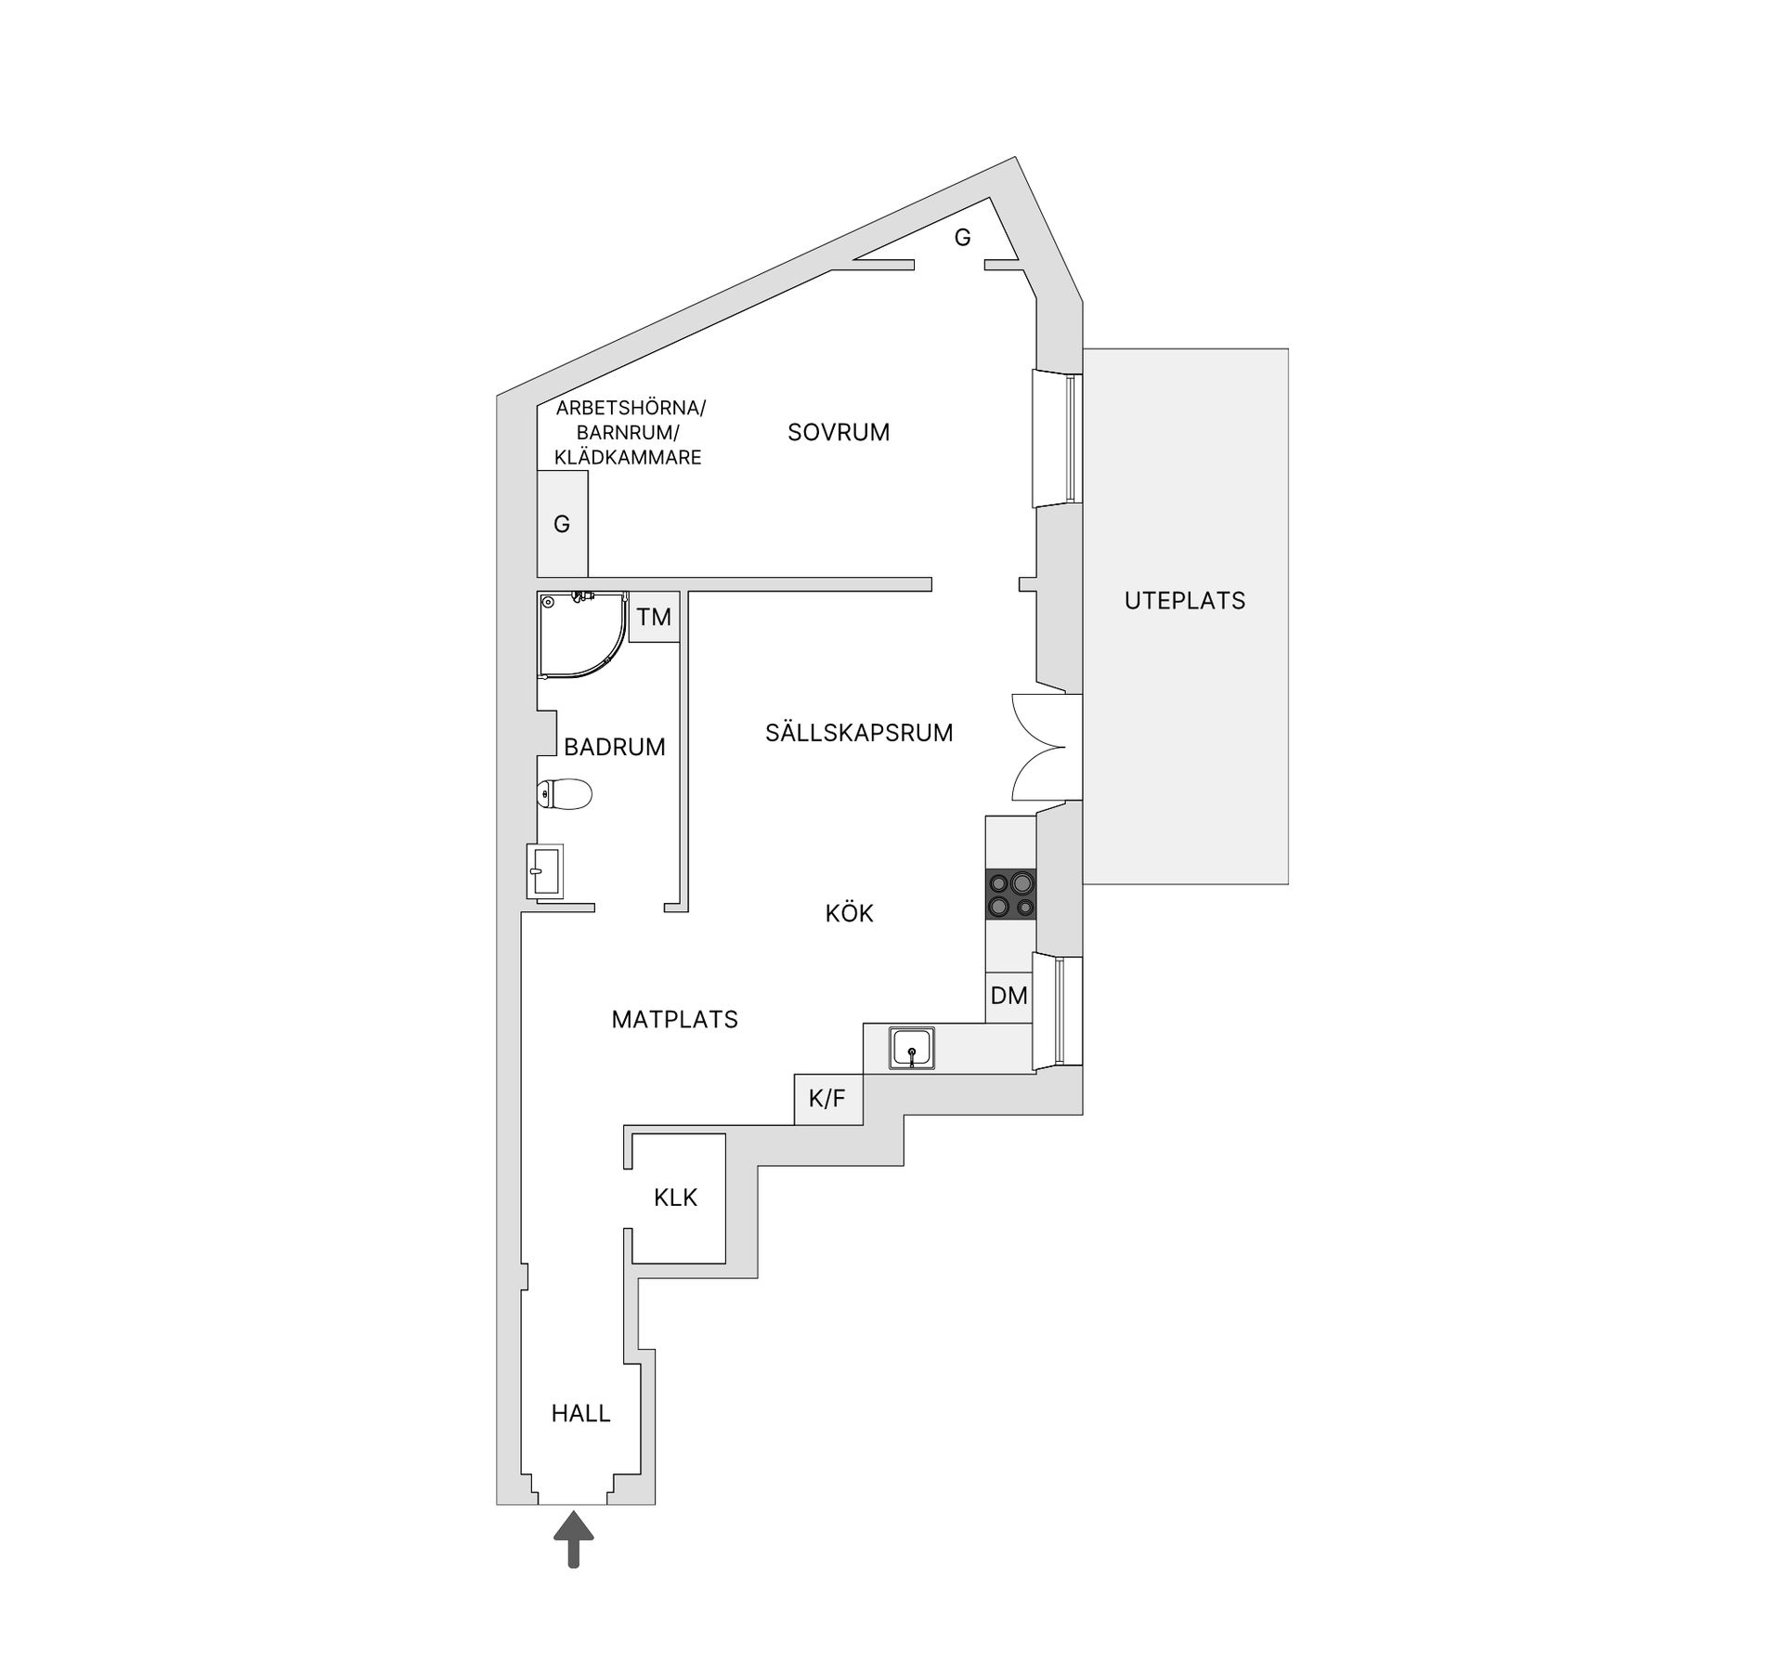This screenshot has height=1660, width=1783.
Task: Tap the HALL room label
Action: coord(580,1413)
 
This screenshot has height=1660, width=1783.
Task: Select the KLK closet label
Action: coord(675,1197)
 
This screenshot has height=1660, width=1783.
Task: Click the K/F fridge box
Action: coord(827,1099)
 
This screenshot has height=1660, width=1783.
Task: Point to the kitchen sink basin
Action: coord(911,1048)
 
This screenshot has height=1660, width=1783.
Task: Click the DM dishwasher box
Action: coord(1009,997)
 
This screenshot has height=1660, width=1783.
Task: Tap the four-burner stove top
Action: coord(1011,894)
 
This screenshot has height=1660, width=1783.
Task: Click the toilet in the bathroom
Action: coord(566,794)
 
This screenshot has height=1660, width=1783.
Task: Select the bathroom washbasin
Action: coord(544,870)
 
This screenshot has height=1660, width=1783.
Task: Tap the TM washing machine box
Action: coord(654,617)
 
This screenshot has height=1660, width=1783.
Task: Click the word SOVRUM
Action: coord(839,432)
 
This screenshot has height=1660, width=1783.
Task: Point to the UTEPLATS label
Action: coord(1185,601)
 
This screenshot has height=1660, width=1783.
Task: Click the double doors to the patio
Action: coord(1045,747)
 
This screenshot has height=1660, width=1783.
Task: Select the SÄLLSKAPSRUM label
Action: coord(859,733)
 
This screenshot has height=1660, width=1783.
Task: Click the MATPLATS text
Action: coord(674,1019)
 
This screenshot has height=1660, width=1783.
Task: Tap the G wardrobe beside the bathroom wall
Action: coord(562,524)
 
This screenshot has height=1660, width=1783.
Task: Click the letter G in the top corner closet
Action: coord(963,238)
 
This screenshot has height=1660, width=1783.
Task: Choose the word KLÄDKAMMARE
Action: coord(628,457)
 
